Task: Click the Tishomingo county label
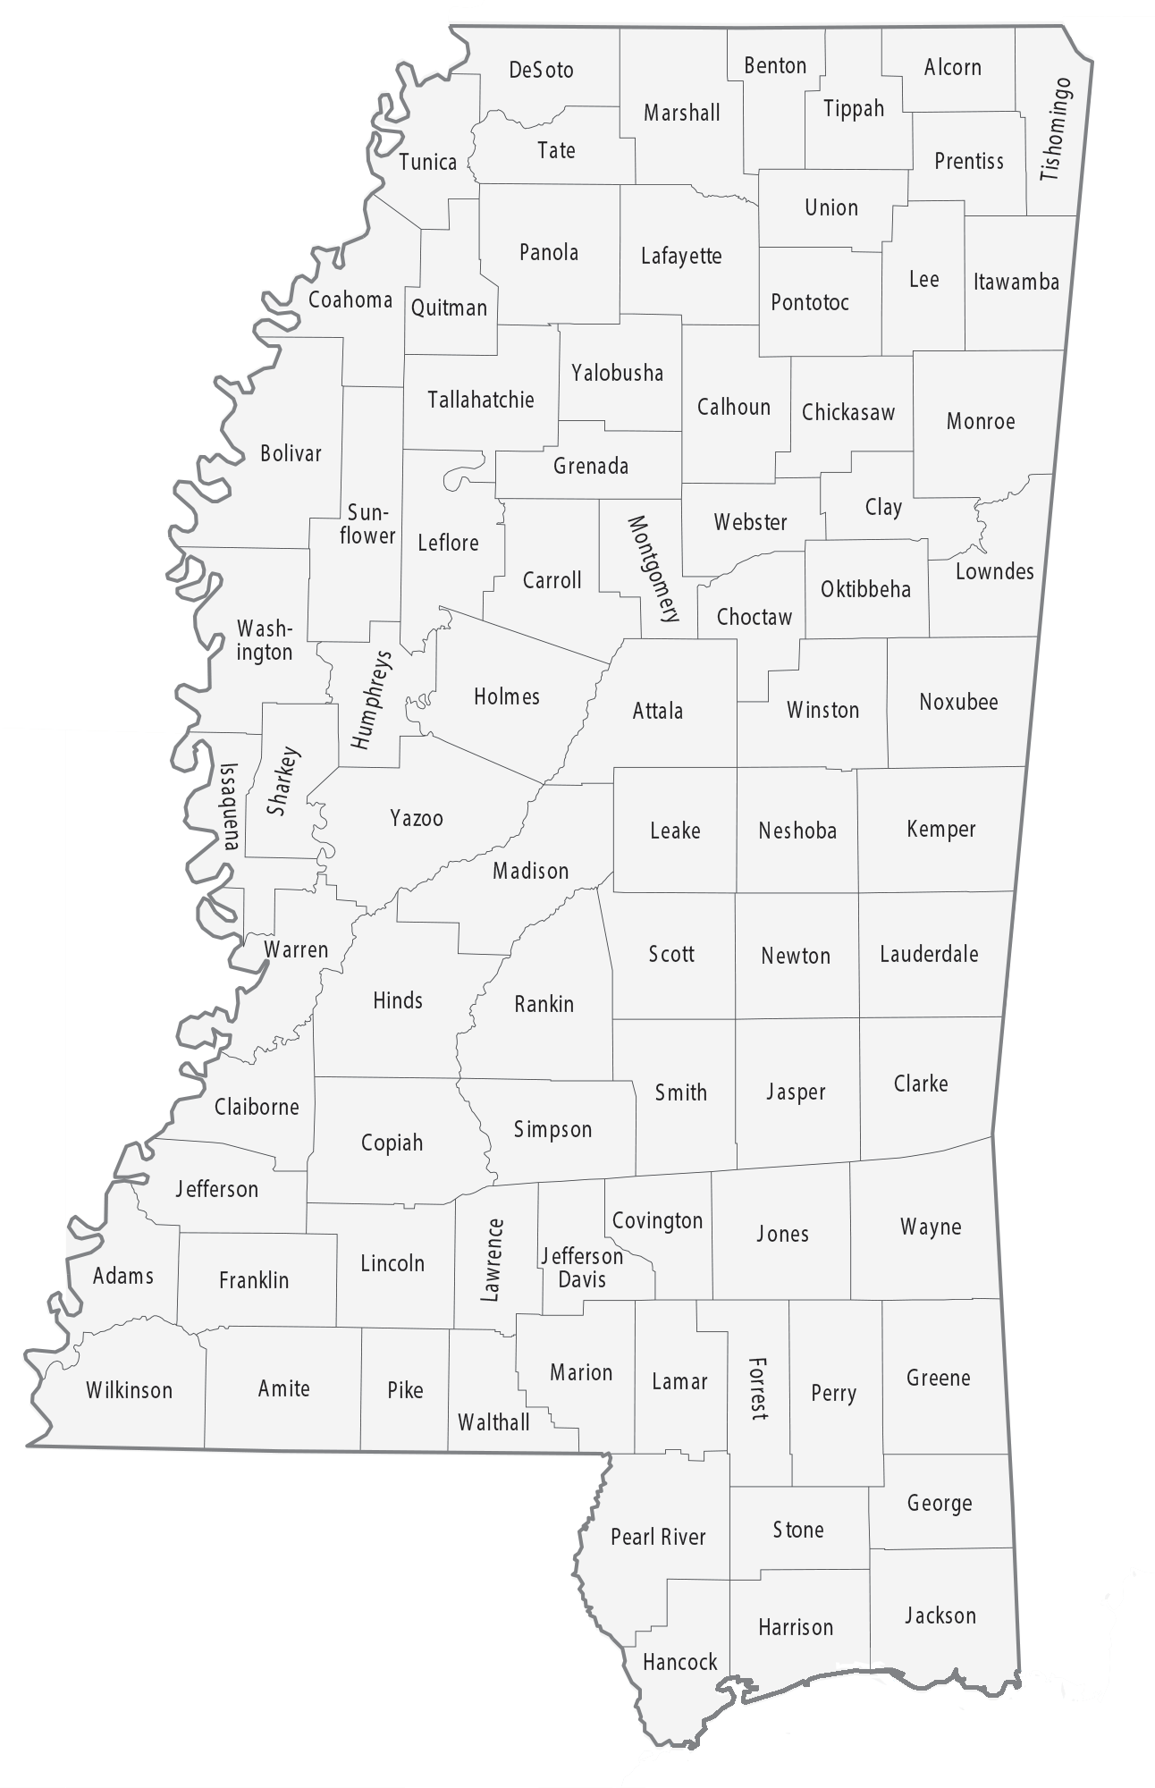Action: (x=1056, y=131)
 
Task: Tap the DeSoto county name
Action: (x=541, y=70)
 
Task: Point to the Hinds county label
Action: (x=398, y=1000)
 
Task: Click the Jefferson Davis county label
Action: (x=582, y=1268)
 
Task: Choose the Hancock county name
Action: (x=679, y=1662)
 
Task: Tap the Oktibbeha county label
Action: (x=865, y=589)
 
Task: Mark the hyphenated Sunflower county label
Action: (x=367, y=524)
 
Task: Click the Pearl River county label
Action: (x=658, y=1537)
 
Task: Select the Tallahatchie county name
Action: (x=481, y=400)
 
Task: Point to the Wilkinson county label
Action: (x=130, y=1390)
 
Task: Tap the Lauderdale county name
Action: (x=929, y=954)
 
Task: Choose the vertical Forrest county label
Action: (x=758, y=1388)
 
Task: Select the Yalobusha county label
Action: (x=618, y=373)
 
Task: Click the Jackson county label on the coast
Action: (x=940, y=1615)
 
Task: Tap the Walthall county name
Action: (x=493, y=1422)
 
